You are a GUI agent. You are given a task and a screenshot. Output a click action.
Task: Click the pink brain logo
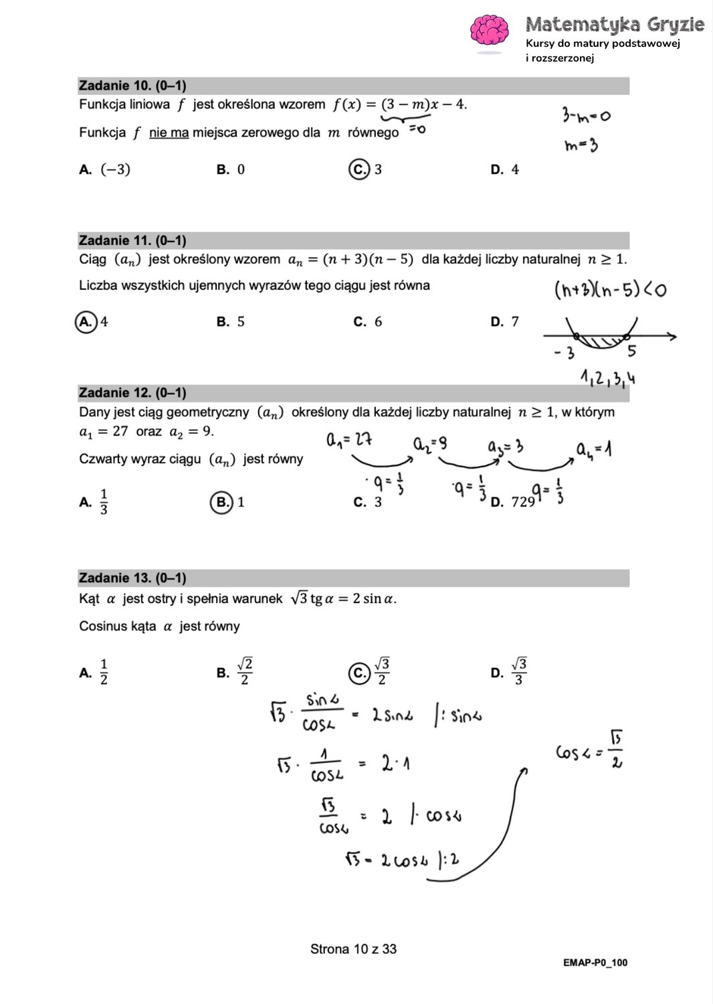pyautogui.click(x=490, y=31)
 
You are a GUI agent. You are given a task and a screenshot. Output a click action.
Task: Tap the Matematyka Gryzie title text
pyautogui.click(x=614, y=25)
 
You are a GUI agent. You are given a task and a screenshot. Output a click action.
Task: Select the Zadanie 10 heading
pyautogui.click(x=132, y=86)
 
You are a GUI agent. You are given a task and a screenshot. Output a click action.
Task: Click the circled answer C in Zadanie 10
pyautogui.click(x=359, y=169)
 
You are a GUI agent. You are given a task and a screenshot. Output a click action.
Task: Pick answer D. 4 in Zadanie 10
pyautogui.click(x=505, y=170)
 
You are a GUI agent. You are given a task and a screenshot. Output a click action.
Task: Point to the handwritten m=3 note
pyautogui.click(x=581, y=145)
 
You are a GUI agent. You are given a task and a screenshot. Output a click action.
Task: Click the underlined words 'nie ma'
pyautogui.click(x=169, y=133)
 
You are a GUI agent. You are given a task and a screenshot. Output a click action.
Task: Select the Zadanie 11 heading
pyautogui.click(x=132, y=240)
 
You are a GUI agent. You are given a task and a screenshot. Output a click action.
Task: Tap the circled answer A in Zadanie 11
pyautogui.click(x=86, y=322)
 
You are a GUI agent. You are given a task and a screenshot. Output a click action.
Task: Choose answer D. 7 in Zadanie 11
pyautogui.click(x=505, y=322)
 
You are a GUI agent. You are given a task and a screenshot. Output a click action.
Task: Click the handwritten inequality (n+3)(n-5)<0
pyautogui.click(x=609, y=290)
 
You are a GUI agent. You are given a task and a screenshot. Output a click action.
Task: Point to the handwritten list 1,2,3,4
pyautogui.click(x=607, y=378)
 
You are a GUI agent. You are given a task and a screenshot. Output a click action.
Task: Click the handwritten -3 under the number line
pyautogui.click(x=564, y=353)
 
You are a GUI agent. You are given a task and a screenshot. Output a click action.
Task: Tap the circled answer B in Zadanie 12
pyautogui.click(x=221, y=502)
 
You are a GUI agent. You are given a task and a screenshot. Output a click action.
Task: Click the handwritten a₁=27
pyautogui.click(x=348, y=440)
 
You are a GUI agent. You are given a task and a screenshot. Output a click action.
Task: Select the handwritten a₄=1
pyautogui.click(x=593, y=448)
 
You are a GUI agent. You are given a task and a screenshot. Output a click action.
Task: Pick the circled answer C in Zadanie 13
pyautogui.click(x=359, y=673)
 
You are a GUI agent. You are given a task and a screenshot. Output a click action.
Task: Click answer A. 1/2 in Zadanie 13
pyautogui.click(x=94, y=672)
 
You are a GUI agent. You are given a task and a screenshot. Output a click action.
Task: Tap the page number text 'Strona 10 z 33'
pyautogui.click(x=353, y=949)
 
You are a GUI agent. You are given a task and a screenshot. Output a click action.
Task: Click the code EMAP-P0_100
pyautogui.click(x=595, y=963)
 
